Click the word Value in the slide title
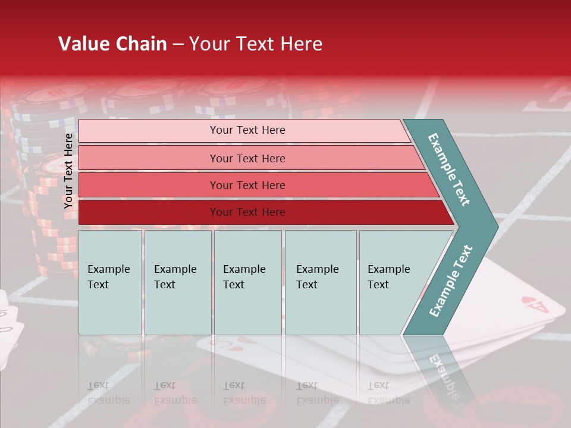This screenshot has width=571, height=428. point(83,44)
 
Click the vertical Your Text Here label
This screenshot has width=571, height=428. point(68,171)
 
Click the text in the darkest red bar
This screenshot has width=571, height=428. point(247,212)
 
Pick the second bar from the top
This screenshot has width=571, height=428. point(247,158)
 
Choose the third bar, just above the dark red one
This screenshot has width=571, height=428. point(247,185)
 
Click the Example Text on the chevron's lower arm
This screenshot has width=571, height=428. point(451,281)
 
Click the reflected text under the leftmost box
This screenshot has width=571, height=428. point(109,393)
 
